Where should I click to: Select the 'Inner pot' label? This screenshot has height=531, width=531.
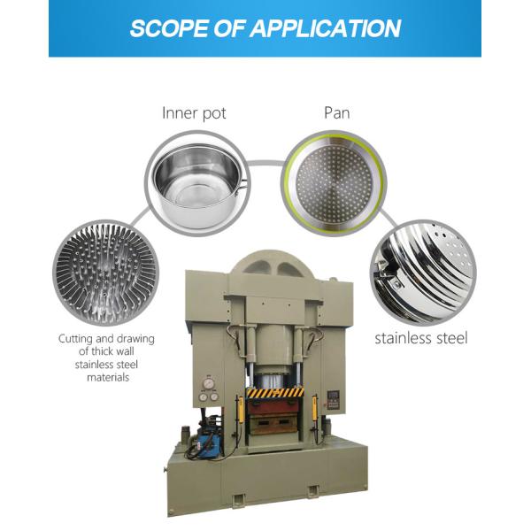coord(194,112)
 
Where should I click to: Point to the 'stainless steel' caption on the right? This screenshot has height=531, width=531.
coord(420,337)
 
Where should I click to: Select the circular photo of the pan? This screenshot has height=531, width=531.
coord(335,181)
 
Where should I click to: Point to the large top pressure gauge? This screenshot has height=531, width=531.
coord(206,383)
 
